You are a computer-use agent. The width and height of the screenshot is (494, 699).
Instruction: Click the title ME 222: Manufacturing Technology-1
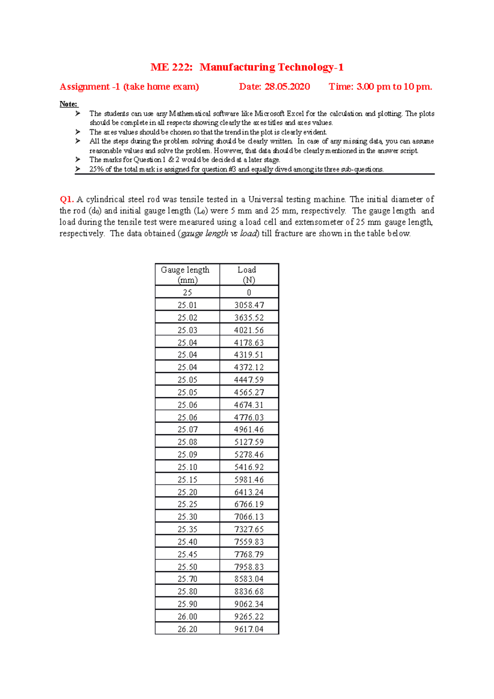(247, 67)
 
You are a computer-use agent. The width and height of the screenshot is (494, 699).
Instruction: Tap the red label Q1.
(66, 200)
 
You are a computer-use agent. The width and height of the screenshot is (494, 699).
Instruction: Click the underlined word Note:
(68, 104)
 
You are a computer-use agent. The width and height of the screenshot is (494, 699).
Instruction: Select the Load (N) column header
(249, 275)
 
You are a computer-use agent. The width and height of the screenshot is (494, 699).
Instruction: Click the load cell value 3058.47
(249, 305)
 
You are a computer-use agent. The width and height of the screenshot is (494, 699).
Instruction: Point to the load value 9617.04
(249, 629)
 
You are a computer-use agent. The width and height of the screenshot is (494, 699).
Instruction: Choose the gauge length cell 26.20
(187, 629)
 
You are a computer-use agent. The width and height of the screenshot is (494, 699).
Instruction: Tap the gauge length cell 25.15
(187, 480)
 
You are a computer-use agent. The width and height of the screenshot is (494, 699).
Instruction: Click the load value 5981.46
(249, 480)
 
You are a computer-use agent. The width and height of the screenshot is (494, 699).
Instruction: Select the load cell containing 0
(249, 293)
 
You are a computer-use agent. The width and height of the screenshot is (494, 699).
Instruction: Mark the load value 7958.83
(249, 567)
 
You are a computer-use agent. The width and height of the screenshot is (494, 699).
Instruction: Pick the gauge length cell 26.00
(187, 617)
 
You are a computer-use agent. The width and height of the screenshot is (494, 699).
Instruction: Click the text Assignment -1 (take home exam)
(129, 87)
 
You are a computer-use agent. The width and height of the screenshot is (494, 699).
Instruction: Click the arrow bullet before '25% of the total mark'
(78, 169)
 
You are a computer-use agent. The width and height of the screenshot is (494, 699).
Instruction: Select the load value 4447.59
(249, 380)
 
